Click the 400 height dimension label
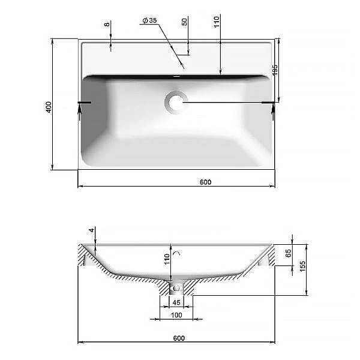(49, 107)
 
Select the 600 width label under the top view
(205, 182)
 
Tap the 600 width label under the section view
(179, 338)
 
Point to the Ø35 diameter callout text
(149, 20)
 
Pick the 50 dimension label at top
(185, 22)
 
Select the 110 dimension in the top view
(217, 22)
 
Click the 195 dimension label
(275, 70)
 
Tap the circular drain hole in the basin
(176, 102)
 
